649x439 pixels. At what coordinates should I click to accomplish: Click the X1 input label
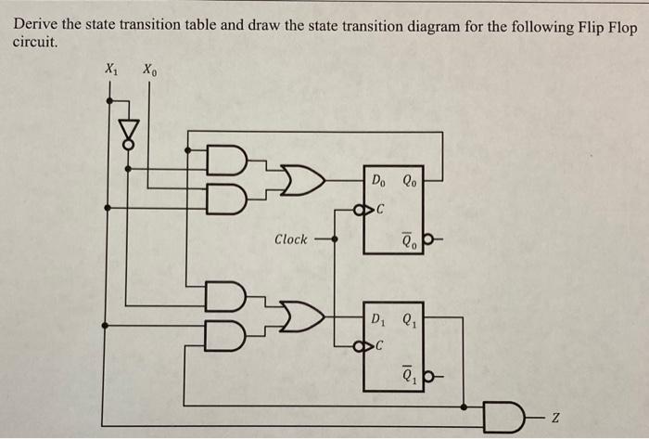tap(111, 69)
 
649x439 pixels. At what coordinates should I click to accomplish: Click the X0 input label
tap(149, 69)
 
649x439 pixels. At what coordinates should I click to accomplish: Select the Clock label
tap(290, 239)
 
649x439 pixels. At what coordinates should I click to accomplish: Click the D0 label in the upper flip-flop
tap(380, 180)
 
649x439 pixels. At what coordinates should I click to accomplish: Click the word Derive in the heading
tap(38, 26)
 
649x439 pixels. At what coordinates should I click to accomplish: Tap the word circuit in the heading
tap(34, 43)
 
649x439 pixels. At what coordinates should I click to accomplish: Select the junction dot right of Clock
tap(335, 239)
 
